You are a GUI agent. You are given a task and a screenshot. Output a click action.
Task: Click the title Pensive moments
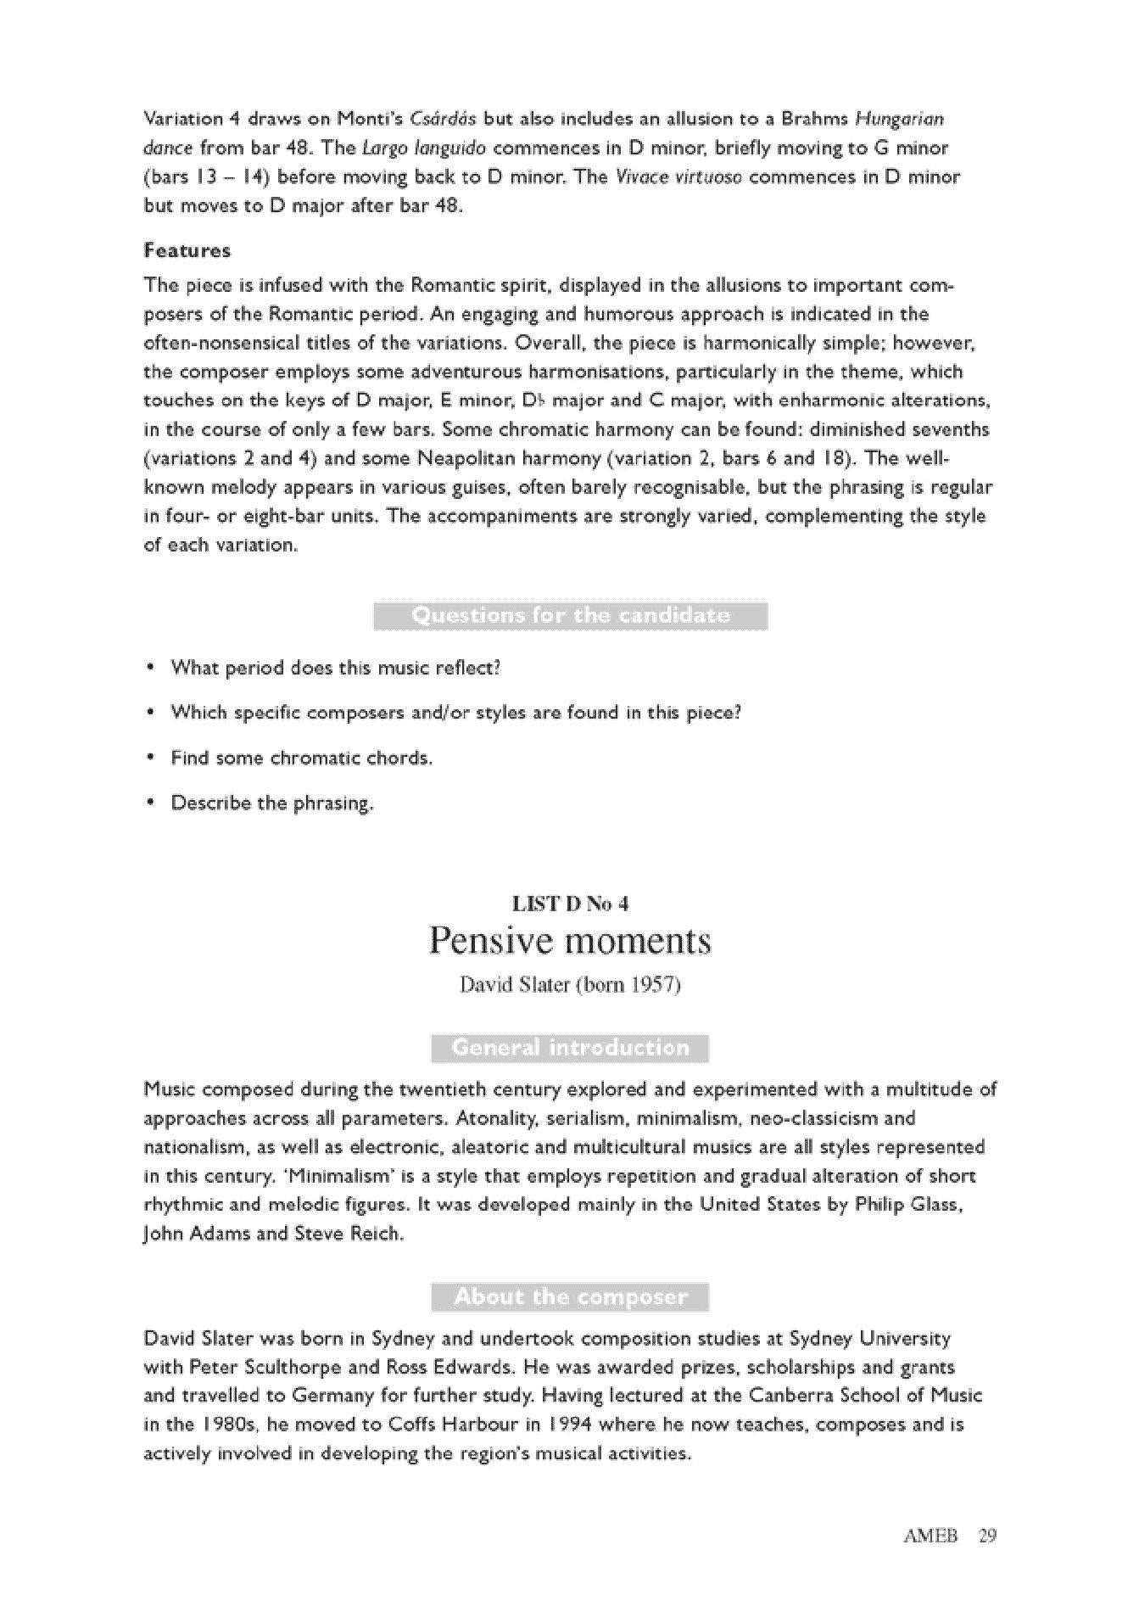tap(570, 941)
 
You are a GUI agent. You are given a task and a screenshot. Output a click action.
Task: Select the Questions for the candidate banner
tap(570, 616)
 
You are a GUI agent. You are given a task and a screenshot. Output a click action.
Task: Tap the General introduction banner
tap(570, 1049)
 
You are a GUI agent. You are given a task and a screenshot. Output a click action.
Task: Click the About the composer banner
tap(570, 1297)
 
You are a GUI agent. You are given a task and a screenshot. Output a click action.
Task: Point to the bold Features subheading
tap(187, 251)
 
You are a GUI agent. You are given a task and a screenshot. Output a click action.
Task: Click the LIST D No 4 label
tap(570, 904)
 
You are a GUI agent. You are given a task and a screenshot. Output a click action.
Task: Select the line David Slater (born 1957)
tap(570, 986)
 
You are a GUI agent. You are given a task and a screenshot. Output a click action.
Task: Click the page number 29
tap(986, 1536)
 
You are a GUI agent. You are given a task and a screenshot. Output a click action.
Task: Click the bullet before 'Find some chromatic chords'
tap(151, 758)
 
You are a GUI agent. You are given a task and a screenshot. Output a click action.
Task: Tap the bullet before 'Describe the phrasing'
tap(151, 803)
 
